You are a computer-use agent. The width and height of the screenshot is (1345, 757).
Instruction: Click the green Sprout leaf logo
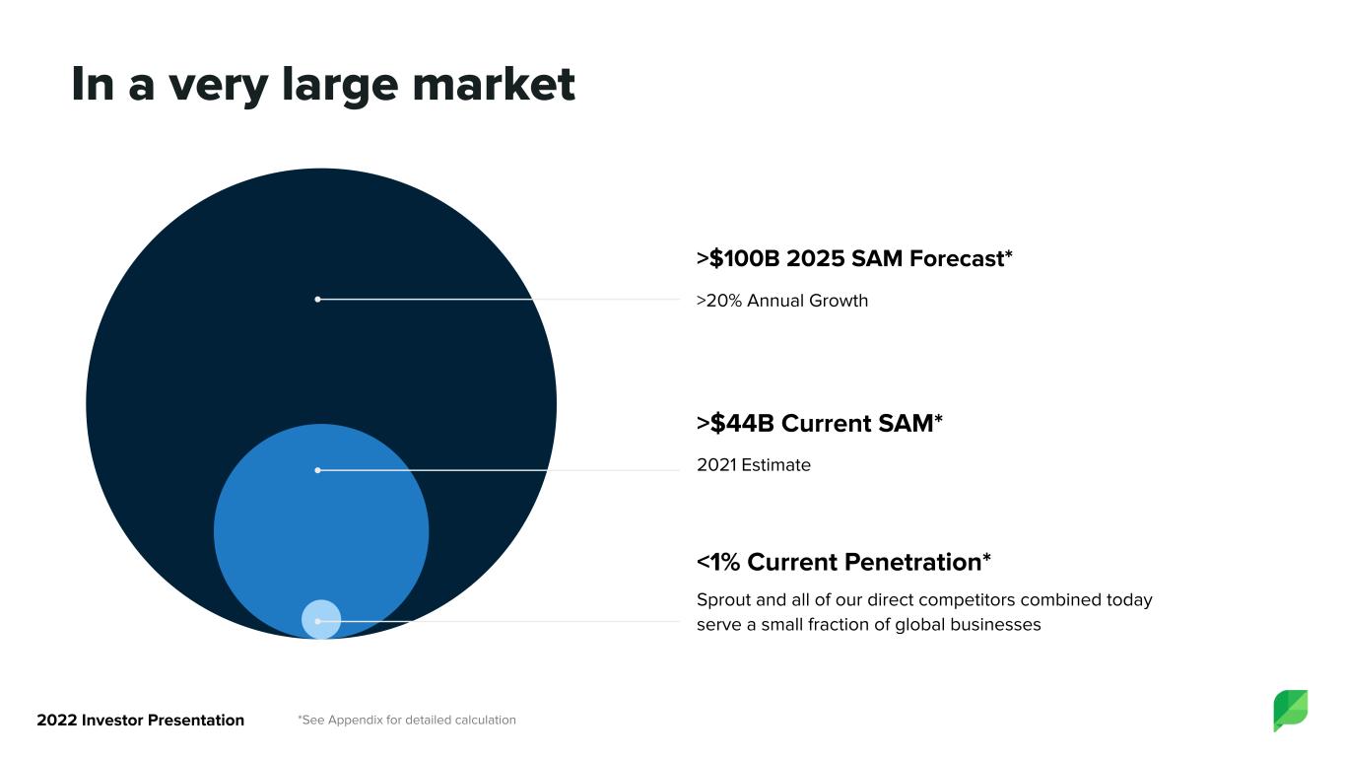pos(1291,710)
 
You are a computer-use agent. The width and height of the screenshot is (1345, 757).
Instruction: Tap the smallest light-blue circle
pos(321,619)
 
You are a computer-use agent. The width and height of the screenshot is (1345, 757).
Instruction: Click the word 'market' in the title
pos(494,84)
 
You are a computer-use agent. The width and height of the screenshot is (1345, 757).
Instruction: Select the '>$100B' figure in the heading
pos(738,258)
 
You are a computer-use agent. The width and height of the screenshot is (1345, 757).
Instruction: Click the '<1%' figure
pos(718,563)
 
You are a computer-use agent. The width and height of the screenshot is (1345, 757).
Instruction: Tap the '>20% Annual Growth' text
pos(781,301)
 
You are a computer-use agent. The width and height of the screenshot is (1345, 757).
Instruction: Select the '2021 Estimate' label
pos(754,465)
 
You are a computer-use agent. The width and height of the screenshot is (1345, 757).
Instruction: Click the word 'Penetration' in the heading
pos(912,563)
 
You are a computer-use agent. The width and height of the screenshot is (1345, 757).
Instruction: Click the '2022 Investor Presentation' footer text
pos(141,720)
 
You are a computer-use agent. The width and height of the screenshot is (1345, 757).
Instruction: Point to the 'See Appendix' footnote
pos(407,720)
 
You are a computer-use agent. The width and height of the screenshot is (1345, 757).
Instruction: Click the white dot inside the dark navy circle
pos(317,300)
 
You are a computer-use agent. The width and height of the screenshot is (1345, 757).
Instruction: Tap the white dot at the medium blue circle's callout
pos(317,470)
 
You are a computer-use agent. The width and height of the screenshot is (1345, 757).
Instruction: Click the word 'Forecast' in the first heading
pos(957,258)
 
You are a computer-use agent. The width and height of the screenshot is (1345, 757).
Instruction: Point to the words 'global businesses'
pos(968,625)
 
